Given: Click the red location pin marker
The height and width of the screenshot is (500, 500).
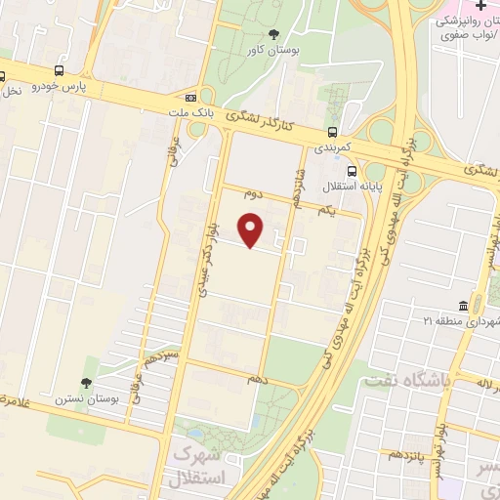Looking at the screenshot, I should coord(252,230).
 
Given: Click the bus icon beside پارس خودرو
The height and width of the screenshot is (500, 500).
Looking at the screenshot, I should coord(60,71).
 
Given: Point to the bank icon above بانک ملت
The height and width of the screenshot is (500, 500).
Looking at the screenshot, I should coord(190,98).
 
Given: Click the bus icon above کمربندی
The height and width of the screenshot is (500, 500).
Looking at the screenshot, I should coord(332,132).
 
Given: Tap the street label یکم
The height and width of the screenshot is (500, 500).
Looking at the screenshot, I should coord(326,210).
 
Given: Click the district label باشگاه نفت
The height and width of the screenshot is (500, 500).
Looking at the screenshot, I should coord(398,380).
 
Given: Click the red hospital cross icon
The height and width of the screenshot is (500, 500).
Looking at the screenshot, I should coord(479,7).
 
